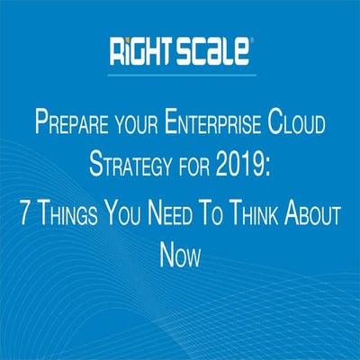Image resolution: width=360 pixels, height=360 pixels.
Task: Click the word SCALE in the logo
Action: pos(212,50)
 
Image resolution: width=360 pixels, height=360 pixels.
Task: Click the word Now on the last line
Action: pos(180,256)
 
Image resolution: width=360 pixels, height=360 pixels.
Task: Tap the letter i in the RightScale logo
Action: pos(126,50)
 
